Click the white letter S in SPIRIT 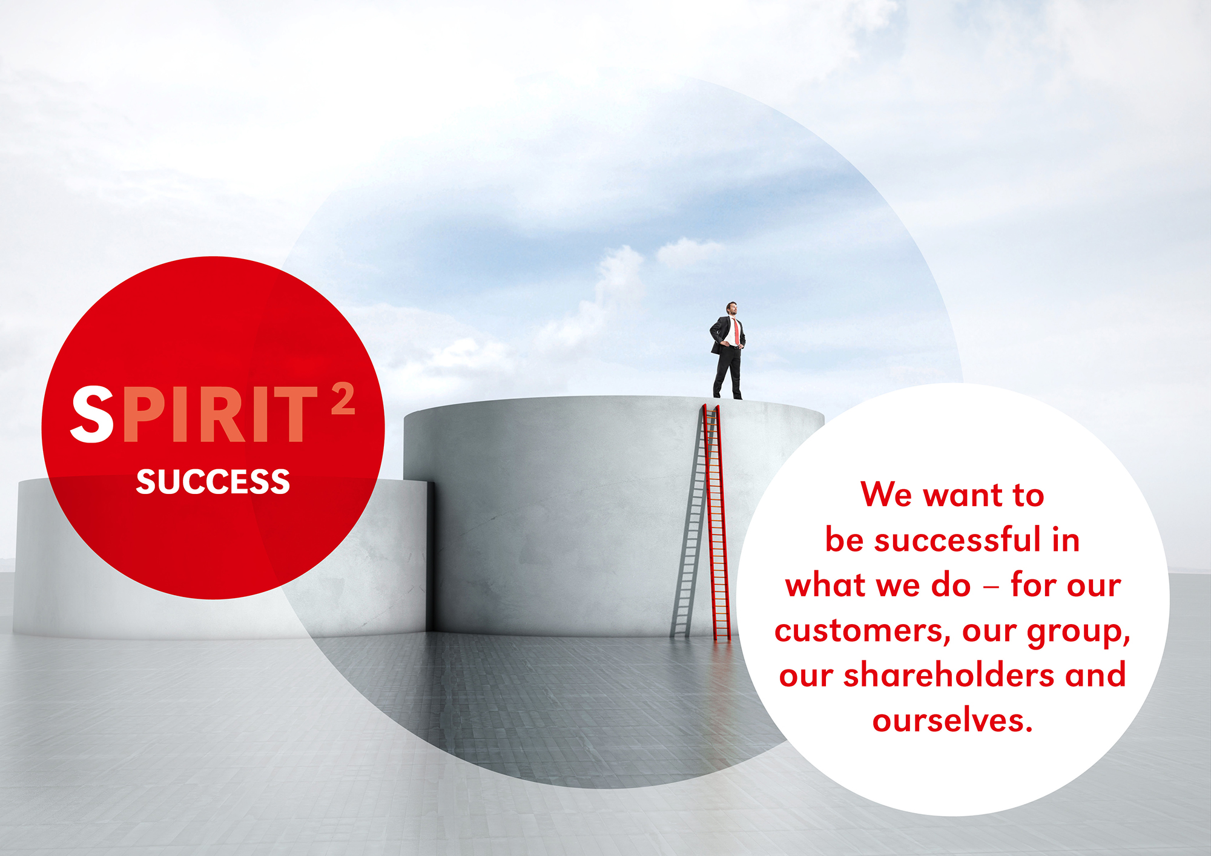(x=92, y=414)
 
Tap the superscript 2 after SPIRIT (x=343, y=399)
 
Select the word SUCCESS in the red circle (x=213, y=482)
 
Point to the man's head (x=732, y=308)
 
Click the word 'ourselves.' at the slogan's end (x=952, y=720)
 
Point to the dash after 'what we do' (x=991, y=587)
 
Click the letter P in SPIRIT (x=142, y=414)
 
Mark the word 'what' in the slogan (x=825, y=585)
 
